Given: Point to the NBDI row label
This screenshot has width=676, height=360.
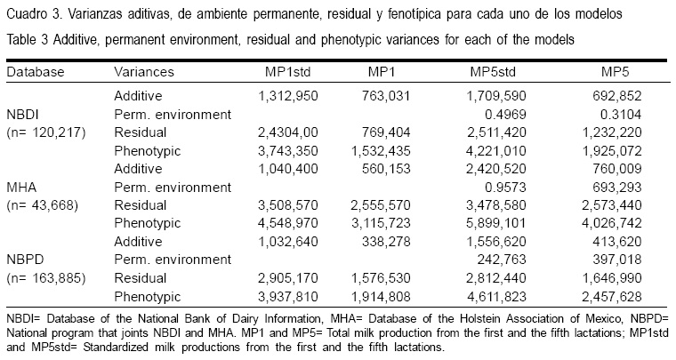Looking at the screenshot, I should point(24,115).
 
